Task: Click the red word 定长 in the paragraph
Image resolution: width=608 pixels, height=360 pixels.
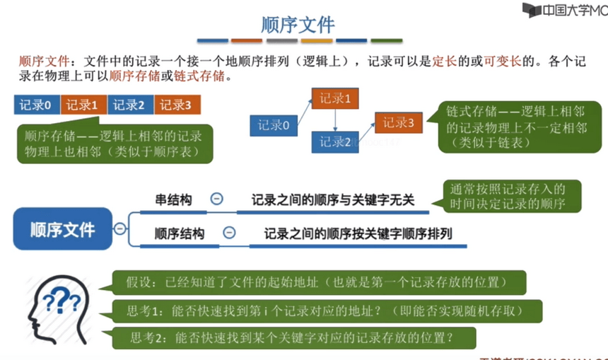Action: pyautogui.click(x=444, y=61)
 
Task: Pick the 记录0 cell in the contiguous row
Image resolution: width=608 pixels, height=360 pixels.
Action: pyautogui.click(x=36, y=105)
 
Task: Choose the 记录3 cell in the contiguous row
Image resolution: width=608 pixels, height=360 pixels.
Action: pyautogui.click(x=177, y=105)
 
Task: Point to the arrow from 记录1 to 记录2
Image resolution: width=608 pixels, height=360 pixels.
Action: pyautogui.click(x=336, y=120)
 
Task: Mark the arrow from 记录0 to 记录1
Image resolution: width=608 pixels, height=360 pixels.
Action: pyautogui.click(x=302, y=111)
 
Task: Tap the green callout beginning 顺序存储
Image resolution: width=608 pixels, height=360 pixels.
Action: pyautogui.click(x=114, y=144)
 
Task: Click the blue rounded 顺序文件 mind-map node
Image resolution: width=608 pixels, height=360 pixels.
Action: pyautogui.click(x=62, y=230)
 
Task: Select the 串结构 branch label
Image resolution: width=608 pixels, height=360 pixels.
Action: pyautogui.click(x=173, y=200)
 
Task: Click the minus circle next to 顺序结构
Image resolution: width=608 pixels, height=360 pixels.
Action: pyautogui.click(x=229, y=232)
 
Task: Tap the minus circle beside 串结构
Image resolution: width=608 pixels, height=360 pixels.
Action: pyautogui.click(x=217, y=200)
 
